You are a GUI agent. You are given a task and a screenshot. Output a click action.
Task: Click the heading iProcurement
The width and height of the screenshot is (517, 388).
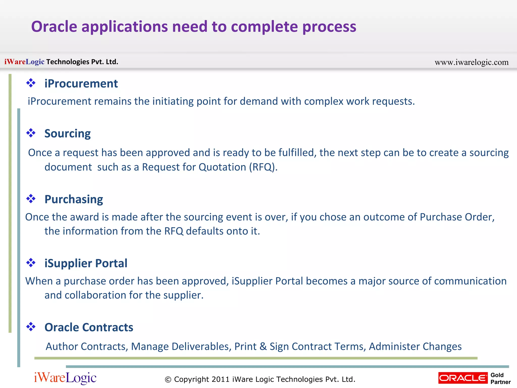[81, 84]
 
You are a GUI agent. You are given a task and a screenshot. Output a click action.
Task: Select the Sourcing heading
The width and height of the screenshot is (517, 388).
[67, 134]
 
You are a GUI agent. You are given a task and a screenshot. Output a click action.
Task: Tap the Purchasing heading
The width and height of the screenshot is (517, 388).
[74, 199]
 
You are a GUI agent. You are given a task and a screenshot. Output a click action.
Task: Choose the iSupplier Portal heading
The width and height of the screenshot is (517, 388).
[86, 263]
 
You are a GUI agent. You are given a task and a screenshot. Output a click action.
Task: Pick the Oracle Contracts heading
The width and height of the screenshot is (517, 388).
[89, 327]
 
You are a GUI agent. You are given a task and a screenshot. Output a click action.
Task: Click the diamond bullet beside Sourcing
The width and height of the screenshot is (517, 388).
[31, 133]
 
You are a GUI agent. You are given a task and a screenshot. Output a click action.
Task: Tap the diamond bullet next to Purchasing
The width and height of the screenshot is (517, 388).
[31, 199]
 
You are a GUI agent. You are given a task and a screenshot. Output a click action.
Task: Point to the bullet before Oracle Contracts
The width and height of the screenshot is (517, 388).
[31, 327]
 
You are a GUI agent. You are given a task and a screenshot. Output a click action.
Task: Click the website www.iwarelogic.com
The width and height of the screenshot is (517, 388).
[471, 62]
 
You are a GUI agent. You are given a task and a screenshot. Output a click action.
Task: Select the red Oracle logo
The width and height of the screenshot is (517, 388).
[463, 378]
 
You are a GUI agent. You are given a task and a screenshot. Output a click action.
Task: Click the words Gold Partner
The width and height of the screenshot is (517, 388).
[500, 378]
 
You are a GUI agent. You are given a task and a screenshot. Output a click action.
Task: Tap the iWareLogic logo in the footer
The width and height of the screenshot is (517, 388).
[65, 378]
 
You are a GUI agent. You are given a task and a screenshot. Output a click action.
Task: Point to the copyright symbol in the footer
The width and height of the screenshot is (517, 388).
[168, 379]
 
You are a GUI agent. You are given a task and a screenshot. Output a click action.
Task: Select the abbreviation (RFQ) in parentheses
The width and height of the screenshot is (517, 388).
[263, 167]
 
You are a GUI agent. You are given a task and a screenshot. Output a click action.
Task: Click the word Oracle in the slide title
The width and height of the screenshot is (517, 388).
[54, 27]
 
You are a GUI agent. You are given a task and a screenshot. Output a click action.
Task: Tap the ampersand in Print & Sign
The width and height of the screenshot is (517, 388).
[263, 347]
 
